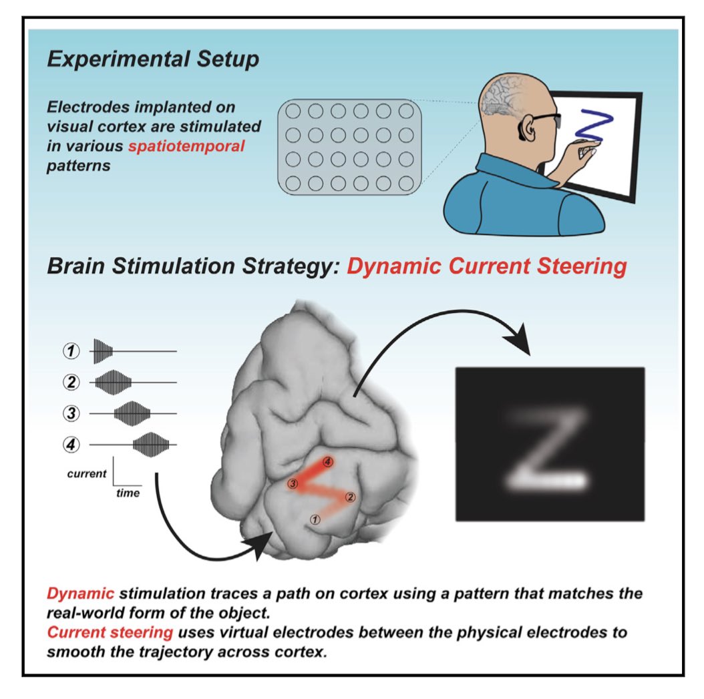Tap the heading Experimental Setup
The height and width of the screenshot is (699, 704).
coord(153,60)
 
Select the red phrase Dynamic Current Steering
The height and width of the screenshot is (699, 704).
coord(487,267)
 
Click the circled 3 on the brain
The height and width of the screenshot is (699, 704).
coord(291,483)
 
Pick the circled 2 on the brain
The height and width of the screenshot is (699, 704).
coord(351,497)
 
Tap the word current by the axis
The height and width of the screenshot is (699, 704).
coord(86,474)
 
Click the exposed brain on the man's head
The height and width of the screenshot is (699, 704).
coord(502,93)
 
